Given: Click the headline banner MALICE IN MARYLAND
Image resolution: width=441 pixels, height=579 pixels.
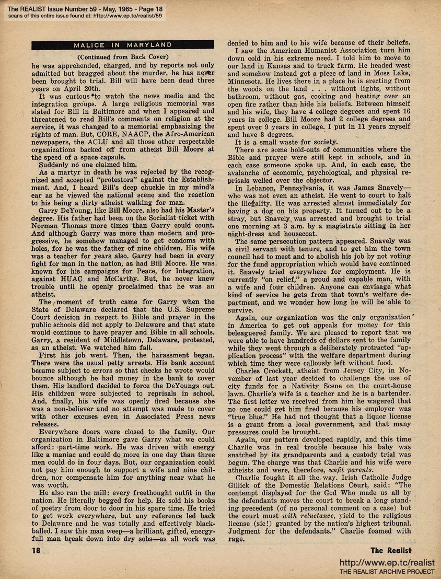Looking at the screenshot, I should pyautogui.click(x=123, y=44).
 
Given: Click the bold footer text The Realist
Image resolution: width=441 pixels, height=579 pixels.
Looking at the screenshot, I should pyautogui.click(x=391, y=550).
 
